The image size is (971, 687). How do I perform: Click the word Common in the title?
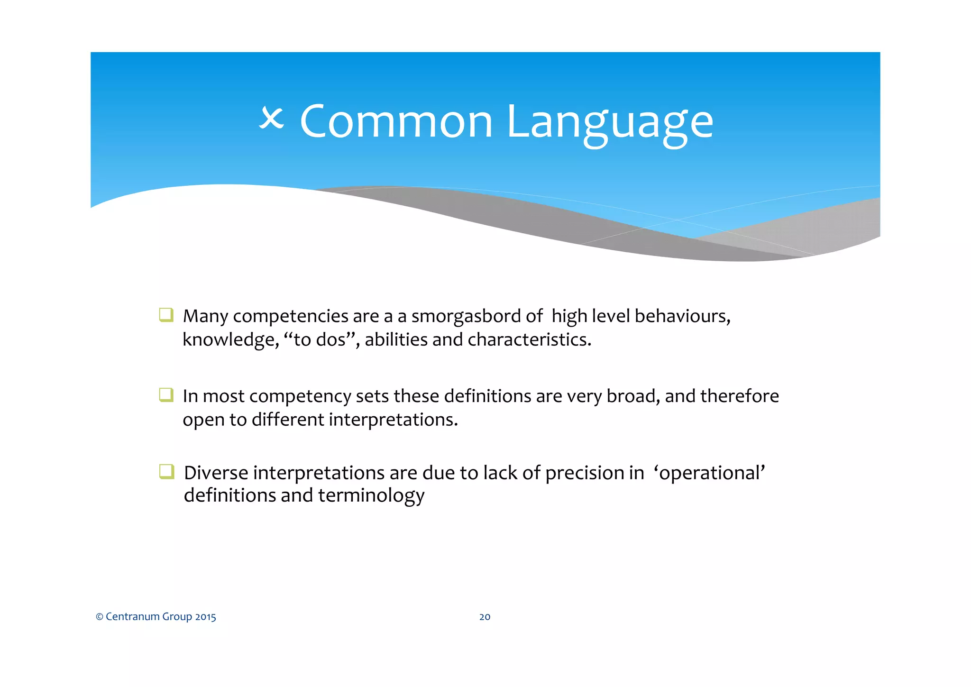[396, 122]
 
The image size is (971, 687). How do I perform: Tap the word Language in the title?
[610, 123]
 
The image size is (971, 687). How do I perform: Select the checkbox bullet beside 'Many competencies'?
[166, 315]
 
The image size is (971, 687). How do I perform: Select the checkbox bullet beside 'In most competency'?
[166, 394]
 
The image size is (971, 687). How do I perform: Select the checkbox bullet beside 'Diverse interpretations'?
[166, 472]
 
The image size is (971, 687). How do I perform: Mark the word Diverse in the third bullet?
[216, 473]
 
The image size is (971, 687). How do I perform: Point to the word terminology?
[371, 496]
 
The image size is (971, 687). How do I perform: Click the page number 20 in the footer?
[485, 617]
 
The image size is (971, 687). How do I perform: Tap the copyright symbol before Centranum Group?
[100, 617]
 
